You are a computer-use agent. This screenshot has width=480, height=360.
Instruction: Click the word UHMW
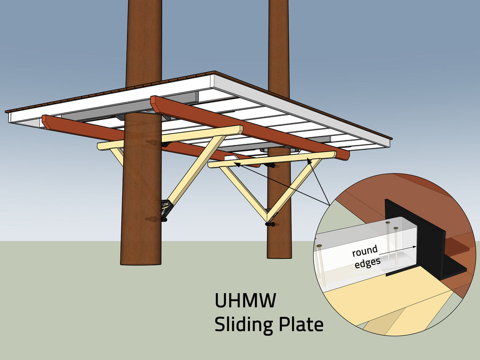[x=245, y=300]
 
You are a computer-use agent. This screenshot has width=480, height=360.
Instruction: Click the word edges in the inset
[x=367, y=263]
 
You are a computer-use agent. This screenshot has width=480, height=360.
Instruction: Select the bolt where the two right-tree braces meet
[x=269, y=224]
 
